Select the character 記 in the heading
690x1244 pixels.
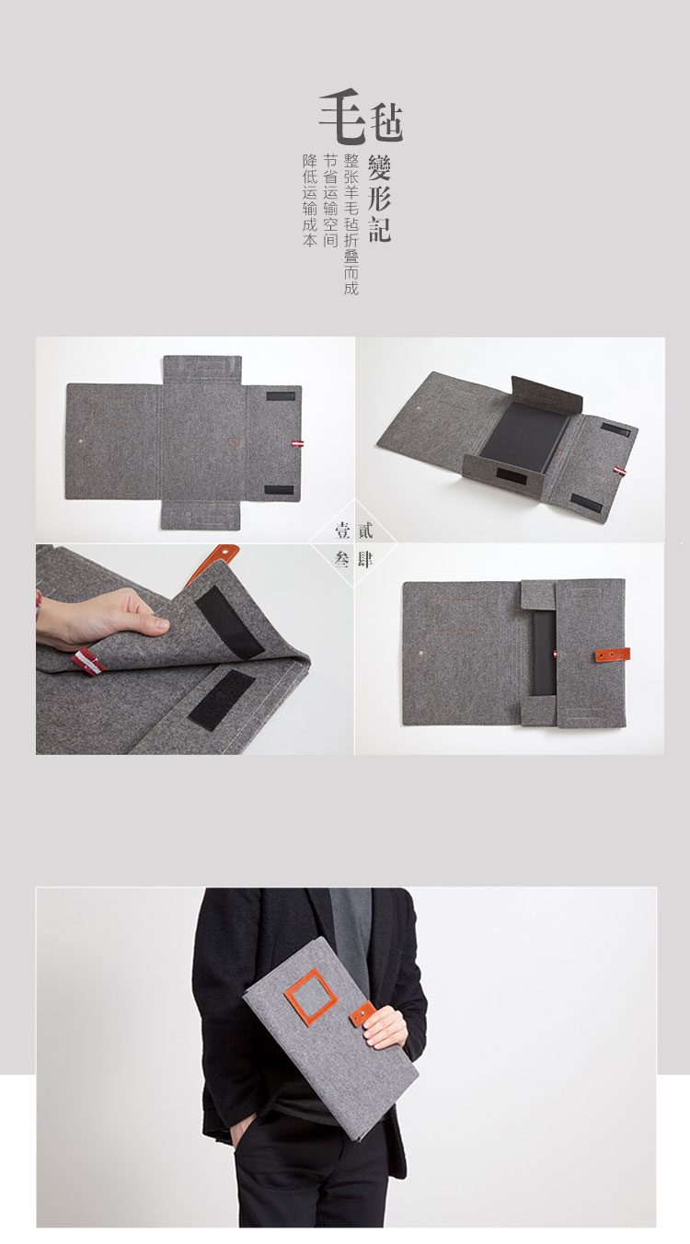[x=379, y=228]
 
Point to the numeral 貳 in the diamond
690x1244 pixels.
[x=365, y=531]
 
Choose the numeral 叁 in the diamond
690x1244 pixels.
[x=342, y=559]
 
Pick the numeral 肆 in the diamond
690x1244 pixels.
[x=365, y=559]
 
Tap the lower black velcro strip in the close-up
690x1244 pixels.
[x=221, y=698]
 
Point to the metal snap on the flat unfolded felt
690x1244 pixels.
[x=83, y=442]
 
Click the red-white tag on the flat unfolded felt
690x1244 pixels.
[x=298, y=444]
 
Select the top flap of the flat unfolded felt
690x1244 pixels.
[x=202, y=370]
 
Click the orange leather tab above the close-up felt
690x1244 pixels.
[x=212, y=562]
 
